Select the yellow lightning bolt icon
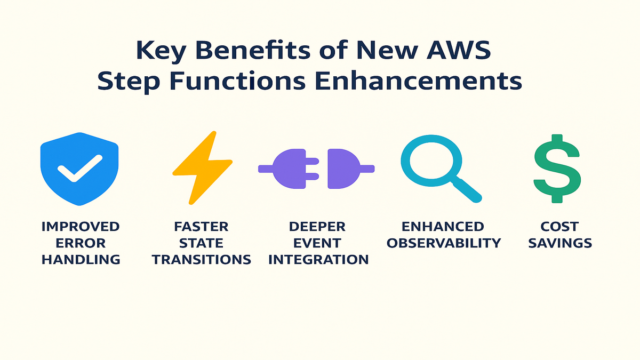coord(202,166)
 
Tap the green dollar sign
coord(557,168)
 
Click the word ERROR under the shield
coord(81,243)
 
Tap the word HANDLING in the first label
coord(81,260)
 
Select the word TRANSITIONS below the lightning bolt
coord(201,260)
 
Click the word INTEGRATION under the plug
coord(318,260)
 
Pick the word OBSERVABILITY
coord(444,243)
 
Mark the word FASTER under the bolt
coord(201,227)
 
